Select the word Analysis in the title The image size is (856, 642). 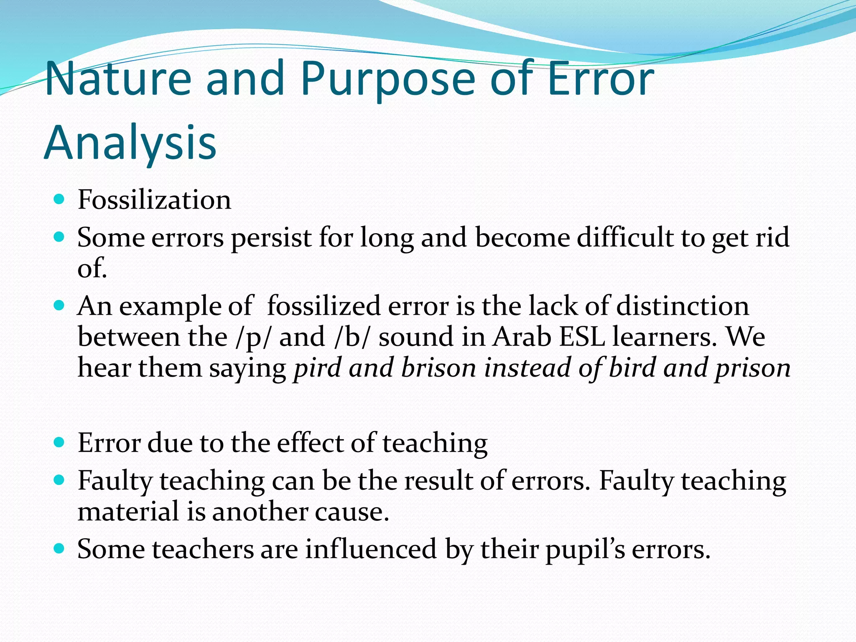[130, 143]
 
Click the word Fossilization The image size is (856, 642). [154, 200]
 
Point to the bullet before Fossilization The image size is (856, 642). [59, 199]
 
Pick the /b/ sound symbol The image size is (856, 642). [352, 337]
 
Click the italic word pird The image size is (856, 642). [317, 368]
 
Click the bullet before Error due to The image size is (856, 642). [59, 442]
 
